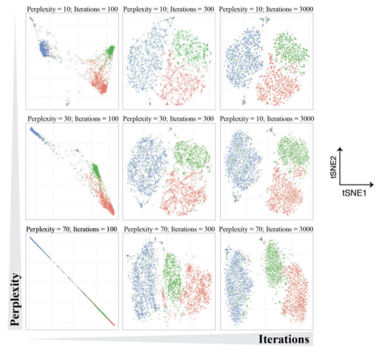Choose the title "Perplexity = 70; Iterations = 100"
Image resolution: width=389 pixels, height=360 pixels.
pyautogui.click(x=71, y=228)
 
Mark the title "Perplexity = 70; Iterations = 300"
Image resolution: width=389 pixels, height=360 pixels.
pyautogui.click(x=168, y=228)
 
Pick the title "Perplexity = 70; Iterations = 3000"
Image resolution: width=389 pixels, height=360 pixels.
pyautogui.click(x=267, y=228)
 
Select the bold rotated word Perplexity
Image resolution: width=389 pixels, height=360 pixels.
pyautogui.click(x=17, y=297)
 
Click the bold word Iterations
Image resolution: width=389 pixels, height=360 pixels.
pyautogui.click(x=283, y=339)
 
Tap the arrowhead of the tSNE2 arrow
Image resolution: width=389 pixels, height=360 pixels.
pyautogui.click(x=340, y=149)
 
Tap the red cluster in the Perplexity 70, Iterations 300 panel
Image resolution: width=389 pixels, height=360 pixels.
pyautogui.click(x=197, y=288)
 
